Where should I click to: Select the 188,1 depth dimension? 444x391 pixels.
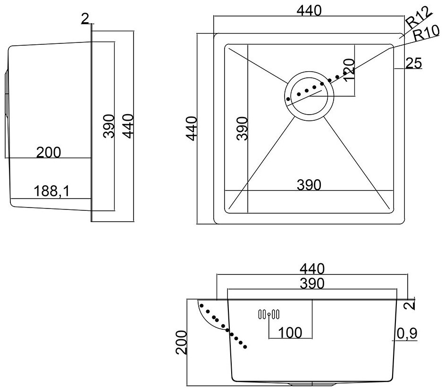click(52, 191)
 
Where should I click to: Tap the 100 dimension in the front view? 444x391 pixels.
click(290, 333)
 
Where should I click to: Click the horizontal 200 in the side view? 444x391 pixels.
click(49, 152)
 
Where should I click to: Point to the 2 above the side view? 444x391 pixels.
click(84, 19)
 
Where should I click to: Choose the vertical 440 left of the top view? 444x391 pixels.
click(192, 128)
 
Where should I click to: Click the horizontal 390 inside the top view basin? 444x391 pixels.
click(309, 185)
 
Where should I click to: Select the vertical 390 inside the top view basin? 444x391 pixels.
click(242, 128)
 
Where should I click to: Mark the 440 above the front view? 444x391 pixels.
click(312, 269)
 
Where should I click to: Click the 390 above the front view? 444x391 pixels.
click(312, 283)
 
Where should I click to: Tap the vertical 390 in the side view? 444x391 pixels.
click(109, 126)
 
